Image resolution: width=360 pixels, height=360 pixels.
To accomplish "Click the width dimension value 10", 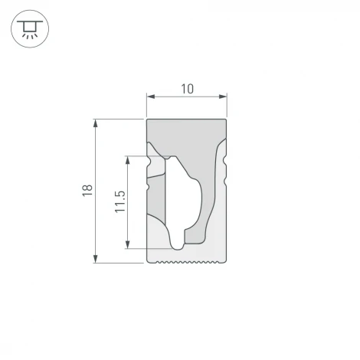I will pyautogui.click(x=187, y=89).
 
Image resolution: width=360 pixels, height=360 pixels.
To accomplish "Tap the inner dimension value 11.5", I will pyautogui.click(x=119, y=202).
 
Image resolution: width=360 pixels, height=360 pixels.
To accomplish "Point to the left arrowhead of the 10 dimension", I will pyautogui.click(x=149, y=97).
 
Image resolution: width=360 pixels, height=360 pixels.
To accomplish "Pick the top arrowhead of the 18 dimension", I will pyautogui.click(x=96, y=123).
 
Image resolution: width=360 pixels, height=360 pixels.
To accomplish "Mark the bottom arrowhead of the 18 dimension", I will pyautogui.click(x=96, y=259).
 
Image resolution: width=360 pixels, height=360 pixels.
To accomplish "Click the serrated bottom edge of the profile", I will pyautogui.click(x=187, y=262).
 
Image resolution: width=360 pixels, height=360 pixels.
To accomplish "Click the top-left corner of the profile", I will pyautogui.click(x=146, y=119).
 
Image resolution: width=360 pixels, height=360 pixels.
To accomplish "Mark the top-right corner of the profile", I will pyautogui.click(x=227, y=119).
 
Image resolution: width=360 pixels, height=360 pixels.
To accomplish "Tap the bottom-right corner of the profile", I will pyautogui.click(x=227, y=262).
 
